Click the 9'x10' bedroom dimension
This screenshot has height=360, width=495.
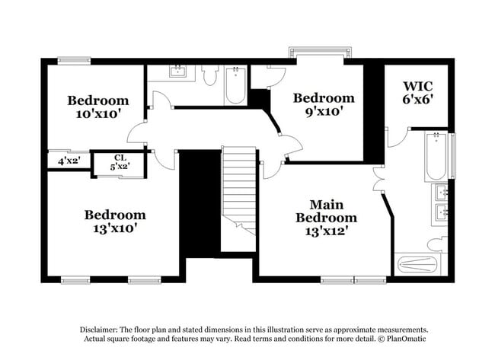[324, 111]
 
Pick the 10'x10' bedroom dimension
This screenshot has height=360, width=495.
[97, 113]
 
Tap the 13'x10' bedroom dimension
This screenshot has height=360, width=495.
[115, 228]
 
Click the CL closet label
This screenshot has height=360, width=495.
[120, 158]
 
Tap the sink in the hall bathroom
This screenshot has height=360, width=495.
[177, 72]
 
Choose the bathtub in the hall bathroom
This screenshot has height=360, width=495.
[235, 87]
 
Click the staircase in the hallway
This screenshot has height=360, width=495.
[238, 194]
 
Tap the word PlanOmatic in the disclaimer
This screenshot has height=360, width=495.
[407, 339]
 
